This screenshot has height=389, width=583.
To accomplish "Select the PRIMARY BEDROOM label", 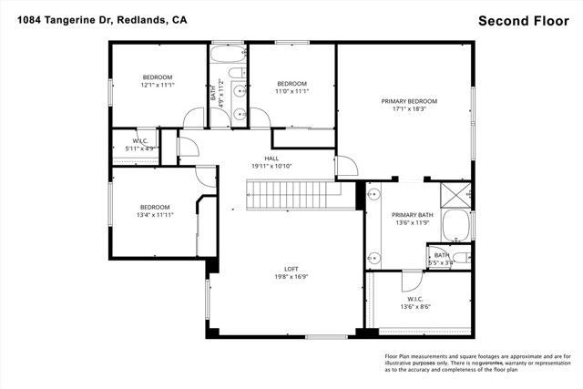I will pyautogui.click(x=409, y=101).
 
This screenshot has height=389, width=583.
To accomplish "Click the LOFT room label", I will pyautogui.click(x=291, y=269).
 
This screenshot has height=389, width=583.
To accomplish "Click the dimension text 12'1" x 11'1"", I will pyautogui.click(x=157, y=85).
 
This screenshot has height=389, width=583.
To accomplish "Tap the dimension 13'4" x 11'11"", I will pyautogui.click(x=155, y=215).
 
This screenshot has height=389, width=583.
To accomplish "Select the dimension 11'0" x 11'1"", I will pyautogui.click(x=292, y=91).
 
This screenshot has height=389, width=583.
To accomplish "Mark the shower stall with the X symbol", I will pyautogui.click(x=455, y=194).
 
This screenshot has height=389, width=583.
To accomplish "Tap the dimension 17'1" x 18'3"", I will pyautogui.click(x=409, y=109).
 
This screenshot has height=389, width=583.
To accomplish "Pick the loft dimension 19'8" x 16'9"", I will pyautogui.click(x=291, y=277).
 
